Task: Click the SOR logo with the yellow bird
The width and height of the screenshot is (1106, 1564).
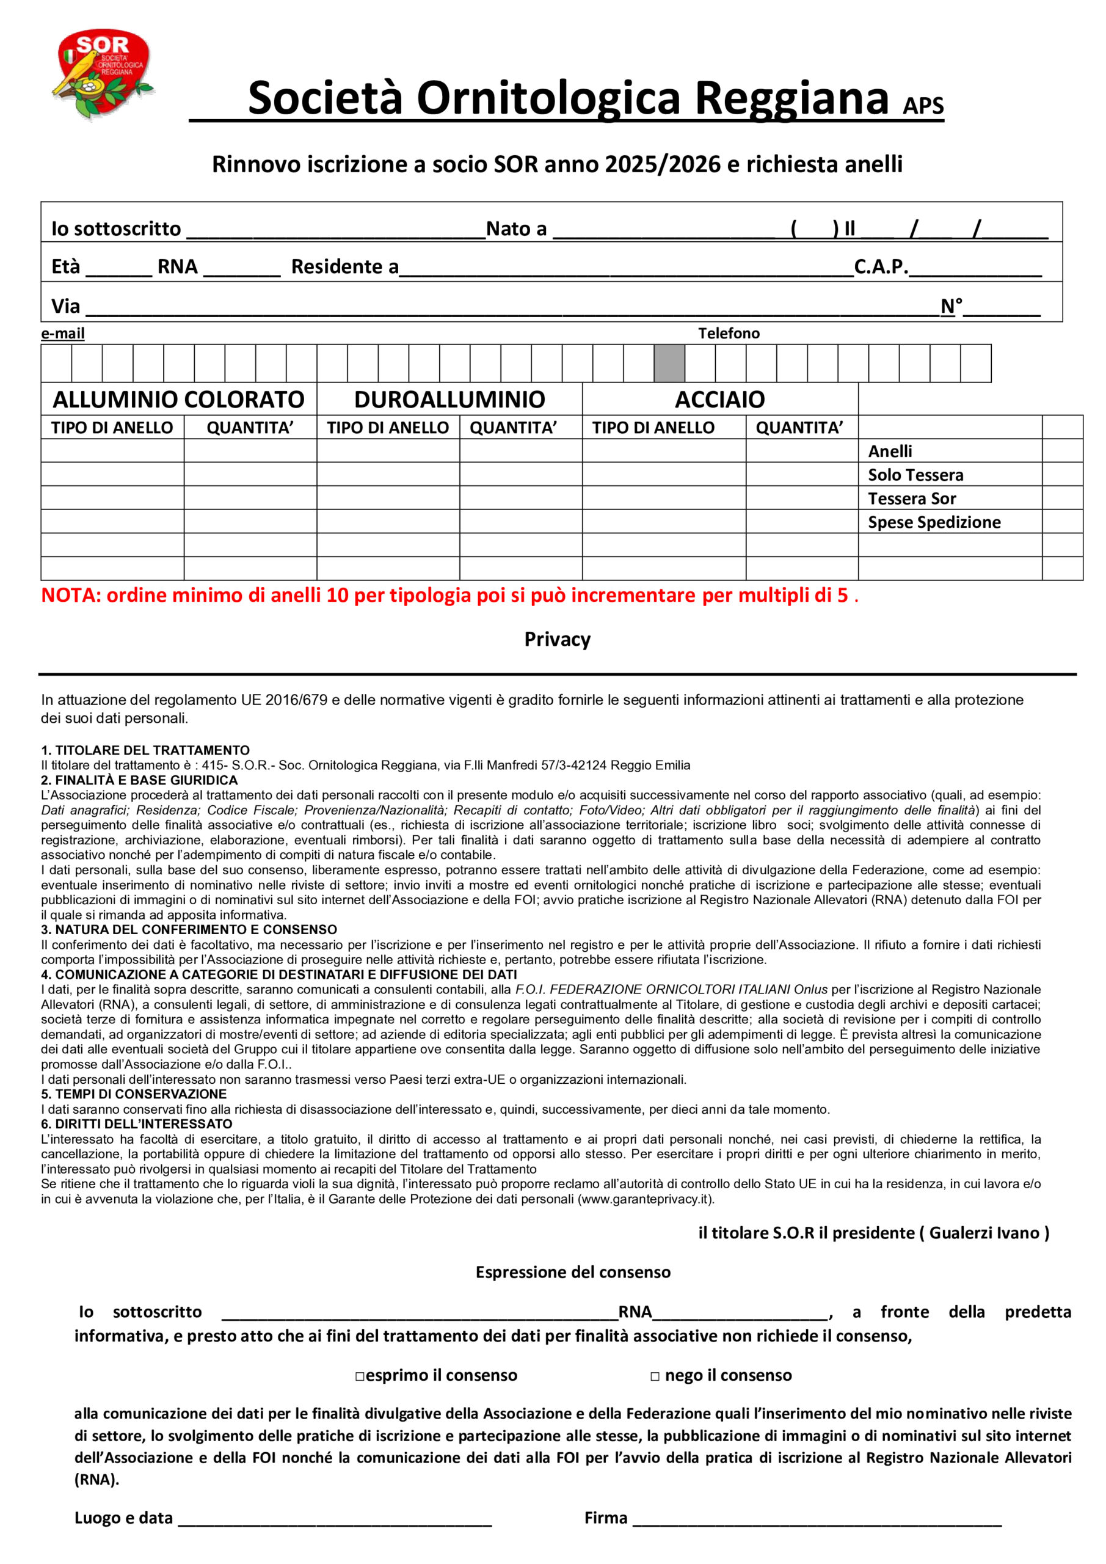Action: pos(104,73)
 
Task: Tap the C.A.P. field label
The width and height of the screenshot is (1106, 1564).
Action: pos(881,266)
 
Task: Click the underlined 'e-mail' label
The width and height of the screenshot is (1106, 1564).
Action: pos(63,333)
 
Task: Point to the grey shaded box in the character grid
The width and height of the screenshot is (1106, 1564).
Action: pos(669,363)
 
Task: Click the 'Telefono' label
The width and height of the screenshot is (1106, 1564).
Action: pos(728,333)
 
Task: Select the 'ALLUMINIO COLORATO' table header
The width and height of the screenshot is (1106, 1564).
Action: pos(178,399)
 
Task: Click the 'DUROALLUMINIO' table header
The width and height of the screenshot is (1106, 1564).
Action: pos(449,399)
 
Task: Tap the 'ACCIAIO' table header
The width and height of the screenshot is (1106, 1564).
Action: pos(719,399)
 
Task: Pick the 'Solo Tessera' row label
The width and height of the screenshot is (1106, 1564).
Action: pos(915,475)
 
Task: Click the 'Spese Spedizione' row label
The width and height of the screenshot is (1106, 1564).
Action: pos(934,522)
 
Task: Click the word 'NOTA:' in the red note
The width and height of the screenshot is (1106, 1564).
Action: pos(71,595)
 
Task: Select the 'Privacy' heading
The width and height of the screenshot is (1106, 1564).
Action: pos(557,639)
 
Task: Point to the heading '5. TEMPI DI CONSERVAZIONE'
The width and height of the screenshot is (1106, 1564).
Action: pos(134,1094)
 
